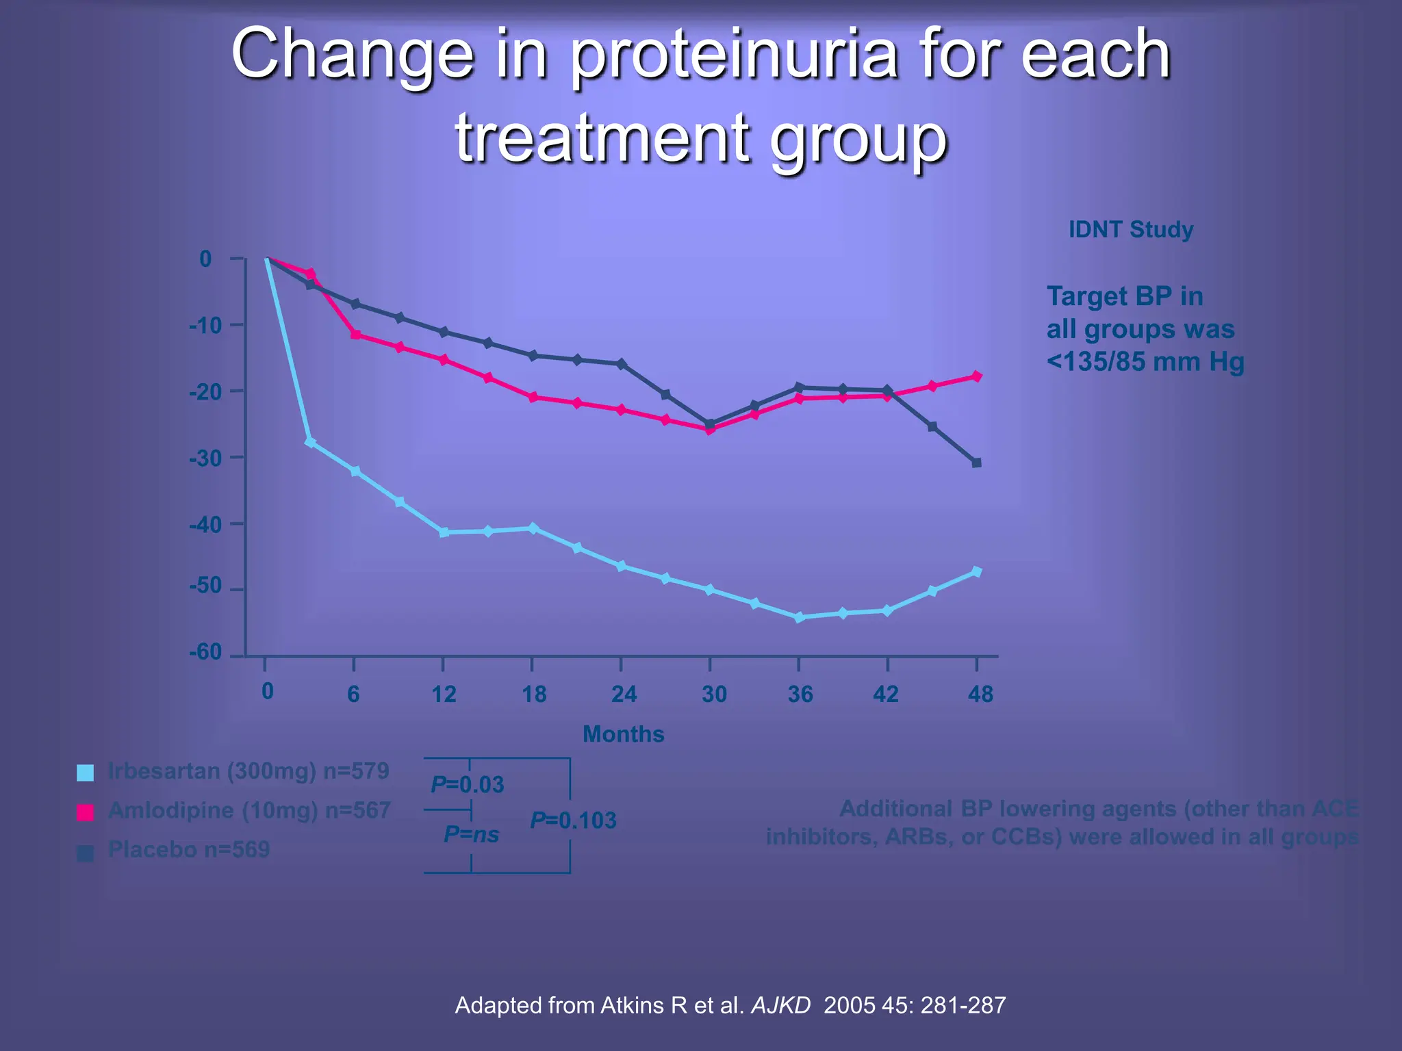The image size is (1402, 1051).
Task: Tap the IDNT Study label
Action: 1130,229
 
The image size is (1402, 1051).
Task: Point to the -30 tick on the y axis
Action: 237,457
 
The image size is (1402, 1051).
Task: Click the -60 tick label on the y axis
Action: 205,652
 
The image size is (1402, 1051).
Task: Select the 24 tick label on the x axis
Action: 624,695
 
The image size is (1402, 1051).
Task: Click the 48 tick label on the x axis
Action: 980,695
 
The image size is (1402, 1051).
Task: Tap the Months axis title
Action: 623,734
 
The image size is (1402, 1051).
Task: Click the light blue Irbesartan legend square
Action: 86,773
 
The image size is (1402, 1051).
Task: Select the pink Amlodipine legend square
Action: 86,812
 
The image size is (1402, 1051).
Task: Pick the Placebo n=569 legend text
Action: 189,850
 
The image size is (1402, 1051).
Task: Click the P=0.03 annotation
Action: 468,784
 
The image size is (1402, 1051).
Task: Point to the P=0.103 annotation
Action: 574,820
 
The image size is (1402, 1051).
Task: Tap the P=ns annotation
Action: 471,834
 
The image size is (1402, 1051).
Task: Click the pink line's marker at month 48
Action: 977,376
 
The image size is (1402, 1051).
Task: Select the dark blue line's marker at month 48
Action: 977,463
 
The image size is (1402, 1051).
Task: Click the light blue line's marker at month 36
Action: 799,617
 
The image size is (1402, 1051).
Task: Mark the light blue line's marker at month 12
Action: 444,532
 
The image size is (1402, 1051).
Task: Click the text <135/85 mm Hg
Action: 1145,362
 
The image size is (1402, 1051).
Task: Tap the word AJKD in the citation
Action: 780,1005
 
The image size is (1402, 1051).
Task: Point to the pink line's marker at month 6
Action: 355,335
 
